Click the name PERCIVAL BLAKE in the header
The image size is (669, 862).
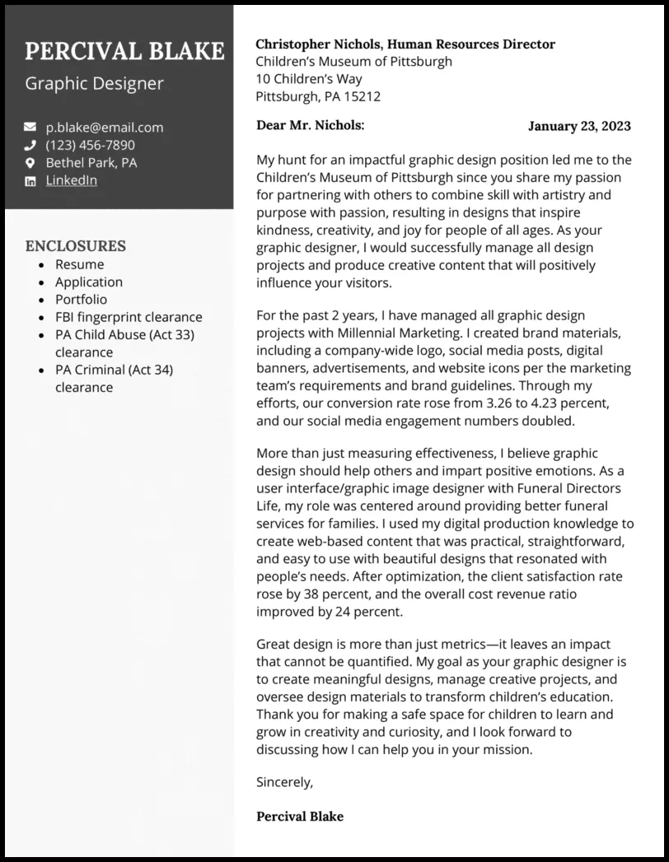(124, 51)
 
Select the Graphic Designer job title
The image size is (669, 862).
(94, 83)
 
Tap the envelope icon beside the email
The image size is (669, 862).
(30, 127)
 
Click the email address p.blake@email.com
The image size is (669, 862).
(105, 127)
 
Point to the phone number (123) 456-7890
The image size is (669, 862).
(90, 145)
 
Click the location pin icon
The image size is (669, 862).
(30, 163)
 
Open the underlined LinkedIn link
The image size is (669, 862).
(71, 180)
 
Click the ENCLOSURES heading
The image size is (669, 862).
(75, 245)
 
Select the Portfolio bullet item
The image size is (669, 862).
(81, 300)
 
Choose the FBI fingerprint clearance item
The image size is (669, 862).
(129, 317)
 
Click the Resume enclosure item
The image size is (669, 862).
(79, 264)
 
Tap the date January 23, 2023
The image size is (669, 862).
(579, 126)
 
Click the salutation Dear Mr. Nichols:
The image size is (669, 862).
(310, 125)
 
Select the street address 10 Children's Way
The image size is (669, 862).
(309, 79)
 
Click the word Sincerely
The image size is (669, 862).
(284, 781)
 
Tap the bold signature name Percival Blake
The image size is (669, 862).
(300, 817)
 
